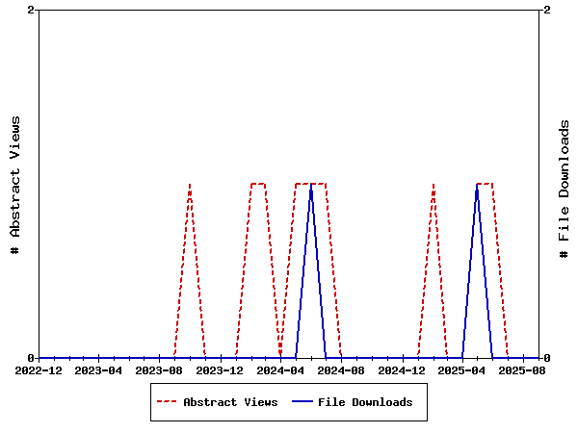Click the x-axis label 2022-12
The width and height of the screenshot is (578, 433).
click(x=39, y=370)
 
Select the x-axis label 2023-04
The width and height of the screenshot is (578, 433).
click(x=99, y=370)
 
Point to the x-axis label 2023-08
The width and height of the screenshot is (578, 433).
click(x=160, y=370)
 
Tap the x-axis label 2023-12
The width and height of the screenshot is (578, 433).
click(x=221, y=370)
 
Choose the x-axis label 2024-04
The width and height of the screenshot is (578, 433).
click(x=281, y=370)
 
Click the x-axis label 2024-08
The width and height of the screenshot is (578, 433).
click(x=341, y=370)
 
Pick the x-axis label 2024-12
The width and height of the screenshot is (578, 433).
click(x=402, y=370)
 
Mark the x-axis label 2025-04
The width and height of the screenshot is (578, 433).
click(x=462, y=370)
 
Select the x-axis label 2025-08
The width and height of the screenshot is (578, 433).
click(x=523, y=370)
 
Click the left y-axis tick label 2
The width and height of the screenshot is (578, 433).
click(x=32, y=10)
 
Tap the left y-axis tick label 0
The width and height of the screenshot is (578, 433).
click(x=32, y=358)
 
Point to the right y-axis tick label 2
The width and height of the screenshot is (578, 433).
click(x=546, y=10)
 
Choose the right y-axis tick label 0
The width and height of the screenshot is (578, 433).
click(x=546, y=358)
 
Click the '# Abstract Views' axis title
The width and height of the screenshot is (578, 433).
click(x=14, y=184)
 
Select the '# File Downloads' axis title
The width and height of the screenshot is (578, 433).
click(x=565, y=189)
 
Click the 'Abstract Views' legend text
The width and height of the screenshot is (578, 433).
click(x=230, y=402)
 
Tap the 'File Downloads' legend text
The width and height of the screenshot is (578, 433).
click(x=365, y=402)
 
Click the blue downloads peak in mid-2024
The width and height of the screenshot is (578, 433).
click(x=311, y=185)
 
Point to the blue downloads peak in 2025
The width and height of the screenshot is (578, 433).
click(x=477, y=185)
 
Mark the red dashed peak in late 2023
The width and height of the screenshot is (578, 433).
click(x=190, y=184)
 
